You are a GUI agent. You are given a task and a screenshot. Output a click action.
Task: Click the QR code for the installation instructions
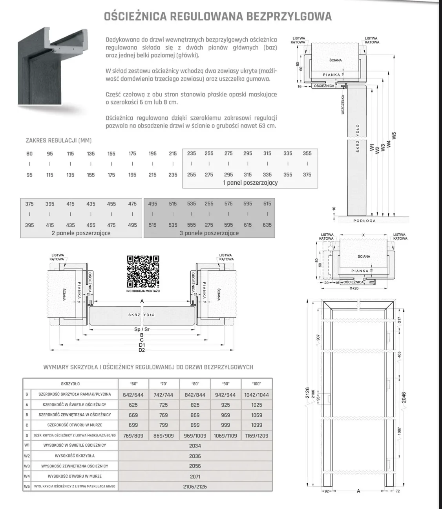coord(143,271)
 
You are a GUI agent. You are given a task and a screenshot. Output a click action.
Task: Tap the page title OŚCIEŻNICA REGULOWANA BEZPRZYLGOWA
coord(217,16)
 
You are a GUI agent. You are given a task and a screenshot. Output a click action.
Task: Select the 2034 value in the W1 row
coord(195,445)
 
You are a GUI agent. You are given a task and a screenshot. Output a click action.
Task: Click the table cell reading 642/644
coord(133,394)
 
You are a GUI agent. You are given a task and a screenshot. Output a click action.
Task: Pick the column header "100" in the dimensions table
coord(256,384)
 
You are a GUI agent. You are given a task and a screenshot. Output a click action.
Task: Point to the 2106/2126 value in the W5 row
coord(195,486)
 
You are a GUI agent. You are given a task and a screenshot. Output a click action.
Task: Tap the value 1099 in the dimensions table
coord(256,425)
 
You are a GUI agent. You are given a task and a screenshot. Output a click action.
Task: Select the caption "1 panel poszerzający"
coord(250,182)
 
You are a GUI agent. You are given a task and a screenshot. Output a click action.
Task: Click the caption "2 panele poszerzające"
coord(81,233)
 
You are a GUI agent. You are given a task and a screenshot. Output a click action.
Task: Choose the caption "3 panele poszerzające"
coord(209,233)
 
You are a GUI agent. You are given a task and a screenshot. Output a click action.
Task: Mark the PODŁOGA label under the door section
coord(364,221)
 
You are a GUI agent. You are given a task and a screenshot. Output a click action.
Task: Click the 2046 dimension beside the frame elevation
coord(404,397)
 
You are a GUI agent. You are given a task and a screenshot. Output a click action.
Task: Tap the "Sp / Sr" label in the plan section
coord(142,329)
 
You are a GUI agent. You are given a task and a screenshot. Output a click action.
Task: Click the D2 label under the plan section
coord(142,350)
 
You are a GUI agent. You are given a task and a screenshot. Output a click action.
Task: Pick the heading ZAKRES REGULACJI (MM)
coord(58,140)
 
